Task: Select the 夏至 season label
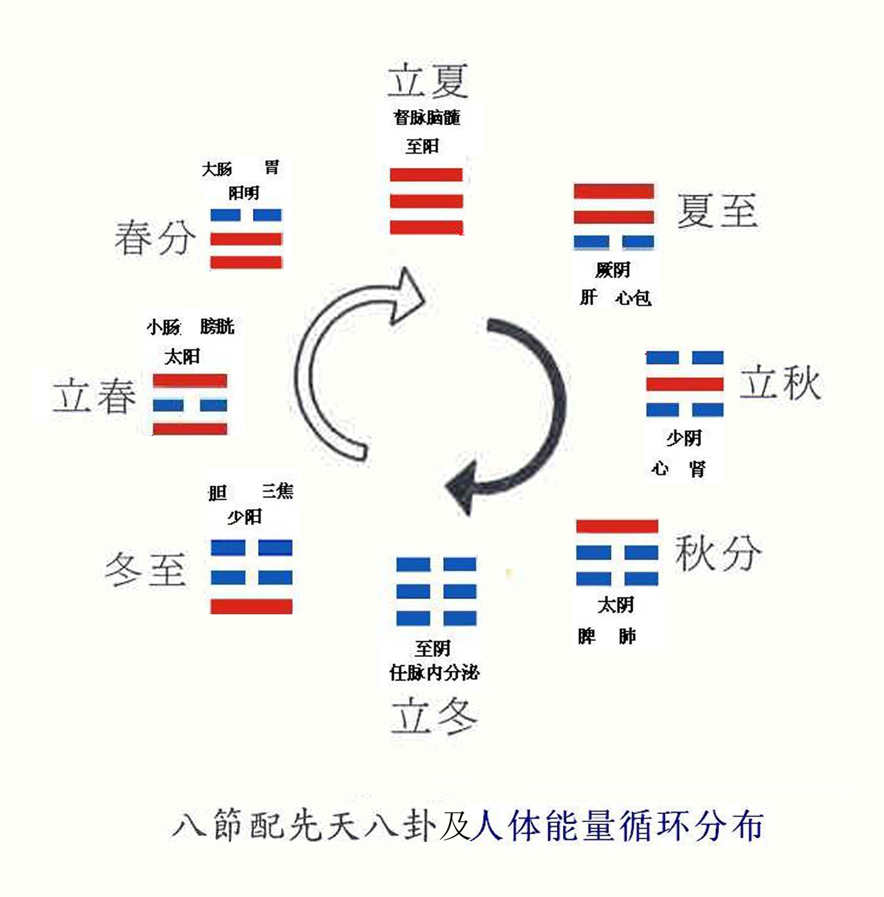coord(717,210)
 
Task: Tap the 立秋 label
coord(780,382)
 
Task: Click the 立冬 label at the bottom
coord(434,715)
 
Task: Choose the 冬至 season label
coord(146,569)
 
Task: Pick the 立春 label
coord(94,395)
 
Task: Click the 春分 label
coord(155,237)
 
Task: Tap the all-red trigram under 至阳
coord(426,201)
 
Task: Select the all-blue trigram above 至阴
coord(436,591)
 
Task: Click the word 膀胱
coord(217,326)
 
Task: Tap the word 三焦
coord(278,491)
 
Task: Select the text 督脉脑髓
coord(427,117)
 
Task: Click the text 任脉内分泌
coord(434,673)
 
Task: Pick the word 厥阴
coord(613,269)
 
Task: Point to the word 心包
coord(633,298)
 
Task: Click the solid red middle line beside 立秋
coord(685,384)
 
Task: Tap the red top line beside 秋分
coord(617,526)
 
